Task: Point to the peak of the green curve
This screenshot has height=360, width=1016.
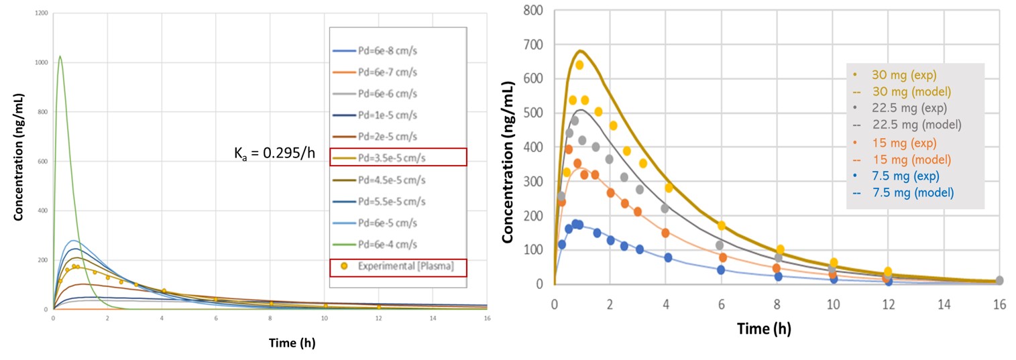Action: coord(60,56)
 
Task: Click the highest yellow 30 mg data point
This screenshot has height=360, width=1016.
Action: coord(579,65)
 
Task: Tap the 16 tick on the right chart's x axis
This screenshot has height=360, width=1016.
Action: coord(999,303)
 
